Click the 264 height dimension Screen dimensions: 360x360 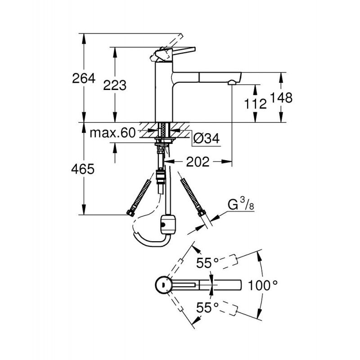pos(84,78)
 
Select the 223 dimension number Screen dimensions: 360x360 pos(115,85)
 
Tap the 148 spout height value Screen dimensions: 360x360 pos(281,98)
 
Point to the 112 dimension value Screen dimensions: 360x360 pos(255,104)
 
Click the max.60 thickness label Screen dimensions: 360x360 pos(112,133)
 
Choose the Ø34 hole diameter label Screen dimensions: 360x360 pos(206,138)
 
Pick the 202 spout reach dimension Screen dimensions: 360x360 pos(198,162)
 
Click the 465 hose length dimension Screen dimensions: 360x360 pos(83,169)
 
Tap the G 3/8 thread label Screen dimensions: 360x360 pos(241,204)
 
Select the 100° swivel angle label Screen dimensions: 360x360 pos(263,286)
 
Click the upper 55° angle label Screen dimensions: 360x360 pos(207,263)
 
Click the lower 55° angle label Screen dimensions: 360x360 pos(207,307)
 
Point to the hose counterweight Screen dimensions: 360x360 pos(168,225)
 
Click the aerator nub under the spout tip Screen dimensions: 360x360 pos(232,82)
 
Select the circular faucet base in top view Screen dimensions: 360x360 pos(163,285)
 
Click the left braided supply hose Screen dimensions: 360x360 pos(139,197)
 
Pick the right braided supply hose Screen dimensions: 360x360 pos(193,197)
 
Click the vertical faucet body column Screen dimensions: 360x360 pos(164,92)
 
